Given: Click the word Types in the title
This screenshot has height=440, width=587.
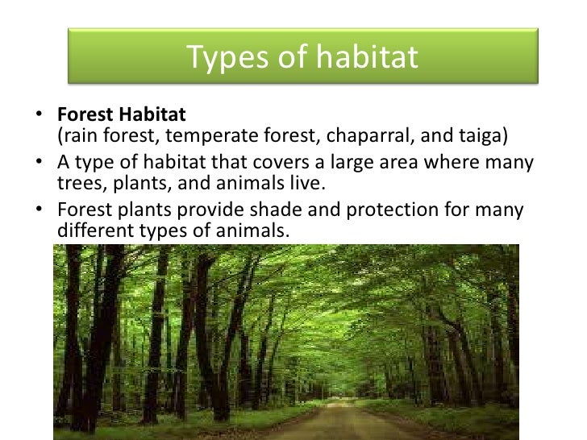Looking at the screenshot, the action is (228, 57).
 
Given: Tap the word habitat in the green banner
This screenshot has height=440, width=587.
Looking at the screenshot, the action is (367, 56).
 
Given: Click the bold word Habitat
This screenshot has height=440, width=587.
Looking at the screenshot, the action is (152, 114).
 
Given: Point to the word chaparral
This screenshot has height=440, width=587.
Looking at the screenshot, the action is (370, 135).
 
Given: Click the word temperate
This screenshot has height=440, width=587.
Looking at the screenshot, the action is (212, 136).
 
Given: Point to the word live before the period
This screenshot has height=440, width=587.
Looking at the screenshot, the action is (305, 183).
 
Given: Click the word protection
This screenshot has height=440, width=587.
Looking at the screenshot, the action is (392, 210).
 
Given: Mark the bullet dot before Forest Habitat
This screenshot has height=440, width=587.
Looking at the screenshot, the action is (39, 114).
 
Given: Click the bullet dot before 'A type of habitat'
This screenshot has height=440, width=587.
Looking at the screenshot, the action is (39, 161).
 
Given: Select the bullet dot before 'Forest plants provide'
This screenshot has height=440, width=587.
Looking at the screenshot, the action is (39, 209).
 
